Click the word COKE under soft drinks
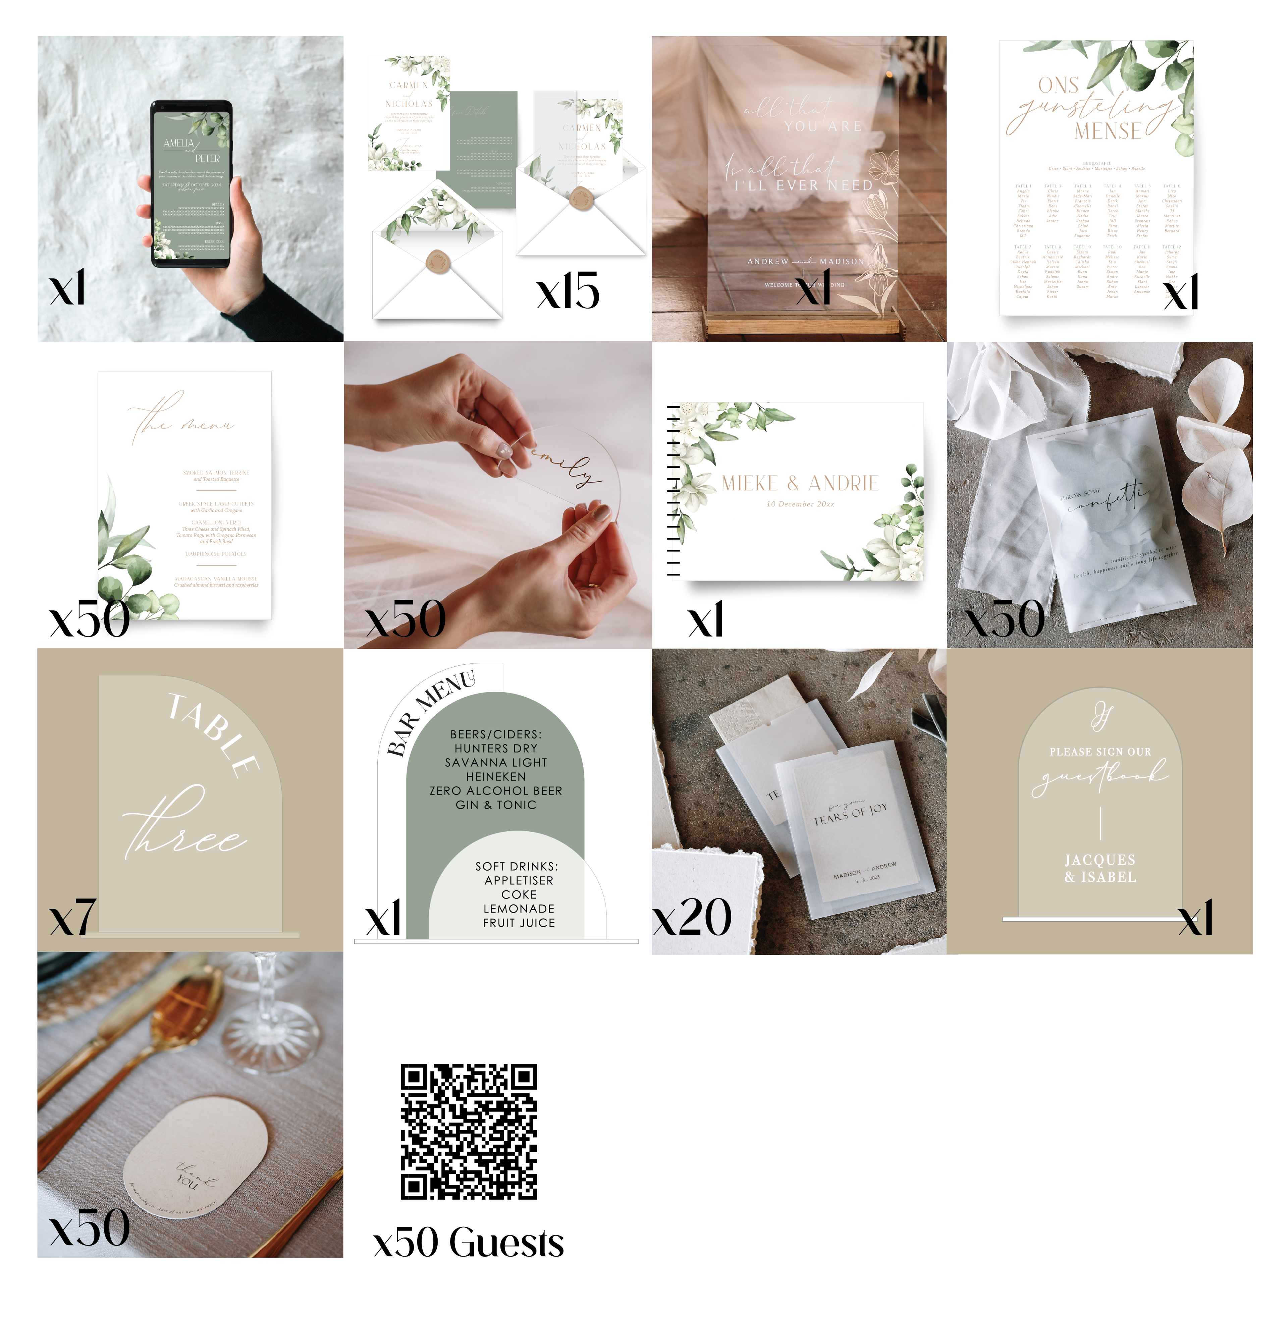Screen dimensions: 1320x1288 [x=519, y=894]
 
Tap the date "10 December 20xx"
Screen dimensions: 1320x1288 [x=800, y=504]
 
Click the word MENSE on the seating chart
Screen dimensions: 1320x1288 [x=1108, y=130]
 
